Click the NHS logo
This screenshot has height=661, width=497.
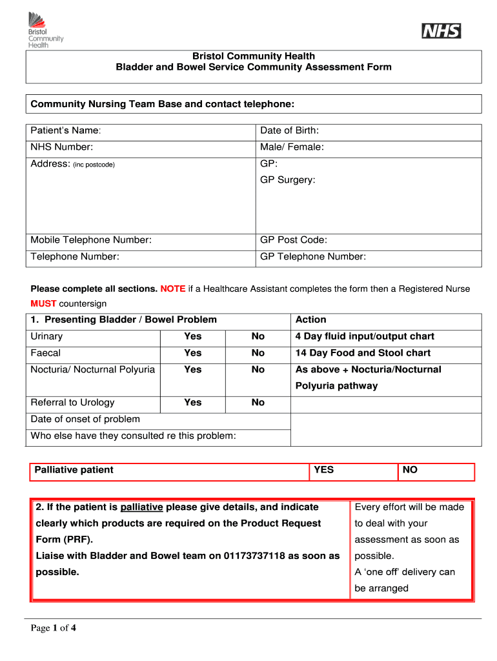(441, 30)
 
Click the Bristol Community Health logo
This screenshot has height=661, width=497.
(45, 30)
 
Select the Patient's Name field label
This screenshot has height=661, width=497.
(66, 131)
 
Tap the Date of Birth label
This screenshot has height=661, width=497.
(289, 131)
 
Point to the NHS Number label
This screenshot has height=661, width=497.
(62, 147)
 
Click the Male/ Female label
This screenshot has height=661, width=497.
(292, 147)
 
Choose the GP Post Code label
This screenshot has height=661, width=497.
(293, 240)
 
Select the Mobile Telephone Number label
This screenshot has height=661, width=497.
(91, 240)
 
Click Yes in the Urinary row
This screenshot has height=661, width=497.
(192, 336)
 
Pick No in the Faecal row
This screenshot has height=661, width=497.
(258, 353)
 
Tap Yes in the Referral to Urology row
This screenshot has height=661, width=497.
(192, 402)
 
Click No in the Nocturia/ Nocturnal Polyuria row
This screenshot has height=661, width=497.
(258, 369)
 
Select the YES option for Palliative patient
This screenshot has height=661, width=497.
(323, 470)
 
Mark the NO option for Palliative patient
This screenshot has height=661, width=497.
(410, 470)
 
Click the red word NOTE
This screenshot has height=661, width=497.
(173, 289)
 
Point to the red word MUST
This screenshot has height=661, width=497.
(43, 303)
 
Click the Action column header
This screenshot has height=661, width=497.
(310, 320)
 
